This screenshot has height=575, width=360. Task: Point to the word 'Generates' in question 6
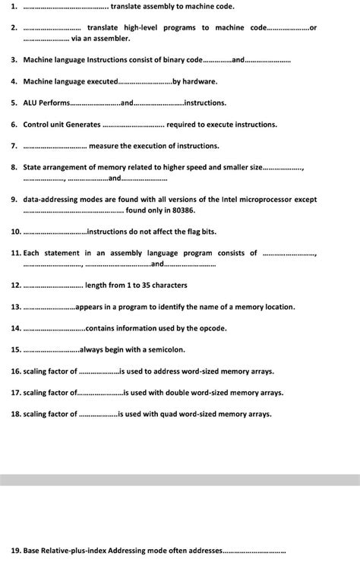83,124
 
